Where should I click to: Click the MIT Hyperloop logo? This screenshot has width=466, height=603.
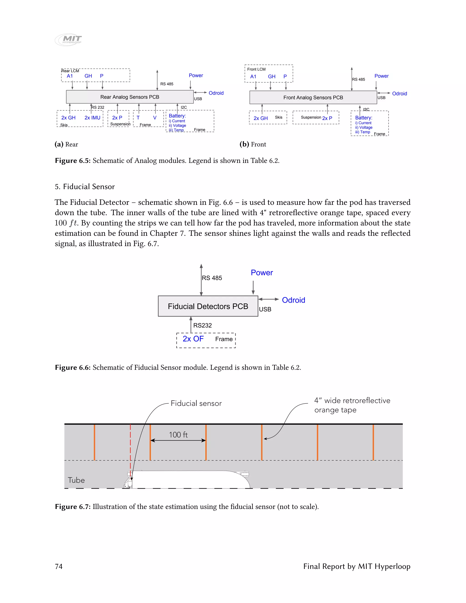click(x=68, y=40)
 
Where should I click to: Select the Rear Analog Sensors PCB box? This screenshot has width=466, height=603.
click(x=130, y=97)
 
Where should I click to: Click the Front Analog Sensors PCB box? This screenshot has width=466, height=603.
click(x=313, y=97)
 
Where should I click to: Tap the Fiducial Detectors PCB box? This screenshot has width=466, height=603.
click(x=208, y=306)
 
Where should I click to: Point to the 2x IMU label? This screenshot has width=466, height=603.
click(x=92, y=118)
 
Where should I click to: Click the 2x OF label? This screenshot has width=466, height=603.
click(x=193, y=339)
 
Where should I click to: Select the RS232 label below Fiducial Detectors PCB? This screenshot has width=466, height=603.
click(x=202, y=325)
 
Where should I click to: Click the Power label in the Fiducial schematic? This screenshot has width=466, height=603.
click(x=262, y=273)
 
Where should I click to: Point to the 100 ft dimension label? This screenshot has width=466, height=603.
click(x=178, y=435)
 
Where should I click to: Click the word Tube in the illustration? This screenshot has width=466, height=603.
click(x=76, y=480)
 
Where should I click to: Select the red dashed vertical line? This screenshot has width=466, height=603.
click(x=130, y=447)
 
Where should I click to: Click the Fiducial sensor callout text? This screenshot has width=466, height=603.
click(x=196, y=403)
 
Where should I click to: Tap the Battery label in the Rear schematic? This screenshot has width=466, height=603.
click(x=177, y=116)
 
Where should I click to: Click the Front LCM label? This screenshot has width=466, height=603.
click(x=256, y=69)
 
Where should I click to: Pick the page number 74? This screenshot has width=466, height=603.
click(x=59, y=566)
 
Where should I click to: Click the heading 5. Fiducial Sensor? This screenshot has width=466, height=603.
click(x=84, y=187)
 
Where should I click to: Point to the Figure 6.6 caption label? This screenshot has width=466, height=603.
click(x=73, y=367)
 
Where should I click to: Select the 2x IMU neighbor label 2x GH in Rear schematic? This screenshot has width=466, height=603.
click(x=68, y=118)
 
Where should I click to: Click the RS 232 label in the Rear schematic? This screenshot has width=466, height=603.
click(x=98, y=107)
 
